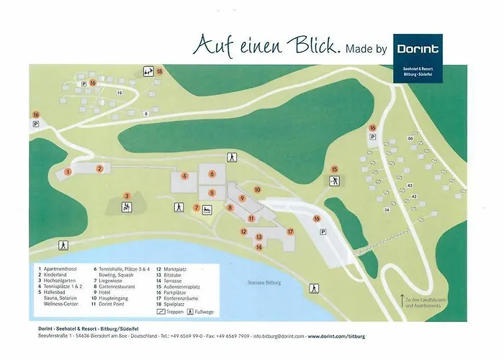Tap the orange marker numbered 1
point(68,172)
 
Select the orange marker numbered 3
point(127,195)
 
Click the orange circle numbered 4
point(185,176)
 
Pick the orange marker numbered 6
point(212,174)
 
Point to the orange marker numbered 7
point(196,208)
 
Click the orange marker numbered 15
point(334,170)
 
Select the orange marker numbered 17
point(291,232)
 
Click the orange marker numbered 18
point(160,71)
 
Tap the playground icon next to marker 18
point(148,71)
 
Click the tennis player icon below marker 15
point(334,182)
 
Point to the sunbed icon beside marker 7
point(207,210)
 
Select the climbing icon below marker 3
point(127,208)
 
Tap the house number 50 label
point(410,138)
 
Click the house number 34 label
point(387,210)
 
